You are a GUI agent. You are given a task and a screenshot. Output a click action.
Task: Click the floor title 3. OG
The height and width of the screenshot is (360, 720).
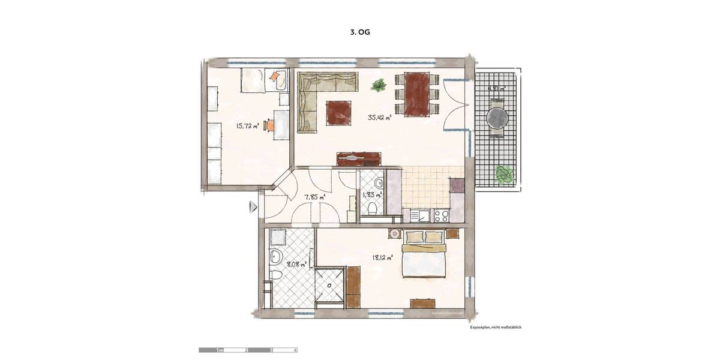point(360,33)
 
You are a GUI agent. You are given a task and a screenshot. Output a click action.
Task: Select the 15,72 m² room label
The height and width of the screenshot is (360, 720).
point(247,126)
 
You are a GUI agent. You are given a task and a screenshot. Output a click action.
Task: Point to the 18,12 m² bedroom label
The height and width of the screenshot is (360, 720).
point(382,257)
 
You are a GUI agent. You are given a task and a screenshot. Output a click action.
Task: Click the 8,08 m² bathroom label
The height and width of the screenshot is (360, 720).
point(296,263)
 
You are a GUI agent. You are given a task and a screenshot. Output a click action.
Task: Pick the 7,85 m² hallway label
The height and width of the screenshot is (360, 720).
point(314,197)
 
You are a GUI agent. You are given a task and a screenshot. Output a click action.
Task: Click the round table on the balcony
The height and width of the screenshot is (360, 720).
point(497,118)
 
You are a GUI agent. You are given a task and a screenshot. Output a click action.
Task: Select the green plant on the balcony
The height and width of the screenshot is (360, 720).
point(504,174)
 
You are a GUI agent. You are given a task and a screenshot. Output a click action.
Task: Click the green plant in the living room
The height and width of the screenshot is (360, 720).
point(379,86)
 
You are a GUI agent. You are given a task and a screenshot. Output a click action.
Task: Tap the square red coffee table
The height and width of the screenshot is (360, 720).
point(338,112)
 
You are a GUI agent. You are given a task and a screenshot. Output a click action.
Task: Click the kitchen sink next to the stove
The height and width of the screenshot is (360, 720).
point(421,215)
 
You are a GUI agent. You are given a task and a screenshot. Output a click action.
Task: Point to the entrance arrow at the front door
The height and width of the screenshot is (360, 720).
point(253,207)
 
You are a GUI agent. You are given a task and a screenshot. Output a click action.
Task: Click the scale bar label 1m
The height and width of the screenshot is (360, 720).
point(220,349)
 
